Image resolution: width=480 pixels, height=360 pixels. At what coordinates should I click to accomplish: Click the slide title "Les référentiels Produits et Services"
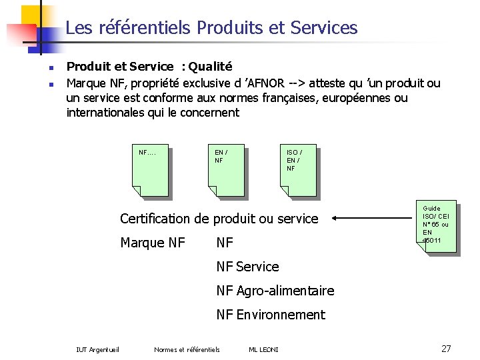pos(211,28)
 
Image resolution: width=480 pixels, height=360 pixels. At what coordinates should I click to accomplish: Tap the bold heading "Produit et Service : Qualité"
pos(149,67)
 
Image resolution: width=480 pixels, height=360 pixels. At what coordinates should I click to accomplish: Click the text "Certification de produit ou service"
pos(219,219)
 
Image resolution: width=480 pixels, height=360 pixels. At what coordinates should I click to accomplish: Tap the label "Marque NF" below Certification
pos(153,243)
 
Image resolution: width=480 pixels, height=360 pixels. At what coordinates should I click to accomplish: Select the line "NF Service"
pos(247,267)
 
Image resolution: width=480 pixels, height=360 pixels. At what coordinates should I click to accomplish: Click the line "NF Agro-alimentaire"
pos(275,291)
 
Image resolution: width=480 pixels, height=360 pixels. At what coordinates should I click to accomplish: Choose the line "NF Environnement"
pos(271,315)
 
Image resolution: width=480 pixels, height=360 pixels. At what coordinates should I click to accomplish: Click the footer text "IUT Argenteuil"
pos(98,349)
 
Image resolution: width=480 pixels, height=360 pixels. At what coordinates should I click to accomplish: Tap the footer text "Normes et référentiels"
pos(187,349)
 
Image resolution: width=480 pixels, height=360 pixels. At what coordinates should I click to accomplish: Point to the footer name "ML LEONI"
pos(263,349)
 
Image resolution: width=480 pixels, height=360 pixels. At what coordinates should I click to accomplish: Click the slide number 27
pos(446,348)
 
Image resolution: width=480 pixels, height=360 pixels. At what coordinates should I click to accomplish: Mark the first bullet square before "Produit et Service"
pos(51,68)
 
